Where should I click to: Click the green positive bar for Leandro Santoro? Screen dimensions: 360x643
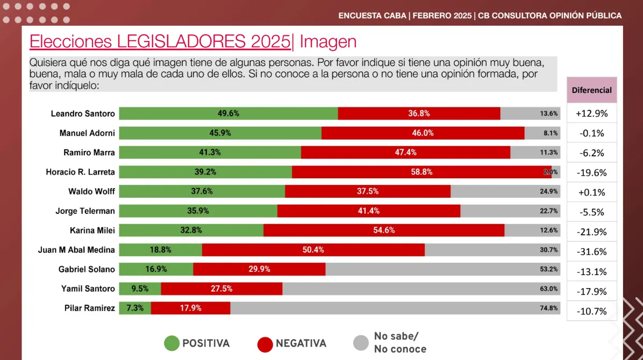228,113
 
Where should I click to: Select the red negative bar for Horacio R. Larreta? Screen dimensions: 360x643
421,172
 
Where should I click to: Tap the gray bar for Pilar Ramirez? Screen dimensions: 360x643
395,308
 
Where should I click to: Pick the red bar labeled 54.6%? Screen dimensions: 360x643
384,231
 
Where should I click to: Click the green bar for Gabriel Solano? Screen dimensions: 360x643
156,269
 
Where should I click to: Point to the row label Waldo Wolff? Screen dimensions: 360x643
91,191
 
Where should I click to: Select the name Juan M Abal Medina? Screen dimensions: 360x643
76,250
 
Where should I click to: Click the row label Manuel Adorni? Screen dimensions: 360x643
87,133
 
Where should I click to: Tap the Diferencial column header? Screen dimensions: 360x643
591,90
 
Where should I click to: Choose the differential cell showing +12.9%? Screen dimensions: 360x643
591,113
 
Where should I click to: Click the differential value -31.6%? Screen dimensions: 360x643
591,251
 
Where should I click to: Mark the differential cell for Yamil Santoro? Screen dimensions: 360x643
591,291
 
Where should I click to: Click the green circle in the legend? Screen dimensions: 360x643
172,343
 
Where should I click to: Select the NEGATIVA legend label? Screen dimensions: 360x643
301,343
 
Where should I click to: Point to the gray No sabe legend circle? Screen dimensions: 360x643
360,343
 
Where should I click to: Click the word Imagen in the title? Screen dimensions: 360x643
328,41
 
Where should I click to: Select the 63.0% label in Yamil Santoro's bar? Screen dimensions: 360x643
549,289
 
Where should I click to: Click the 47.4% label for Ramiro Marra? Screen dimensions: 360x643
405,153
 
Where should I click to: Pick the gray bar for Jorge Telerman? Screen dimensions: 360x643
510,211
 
